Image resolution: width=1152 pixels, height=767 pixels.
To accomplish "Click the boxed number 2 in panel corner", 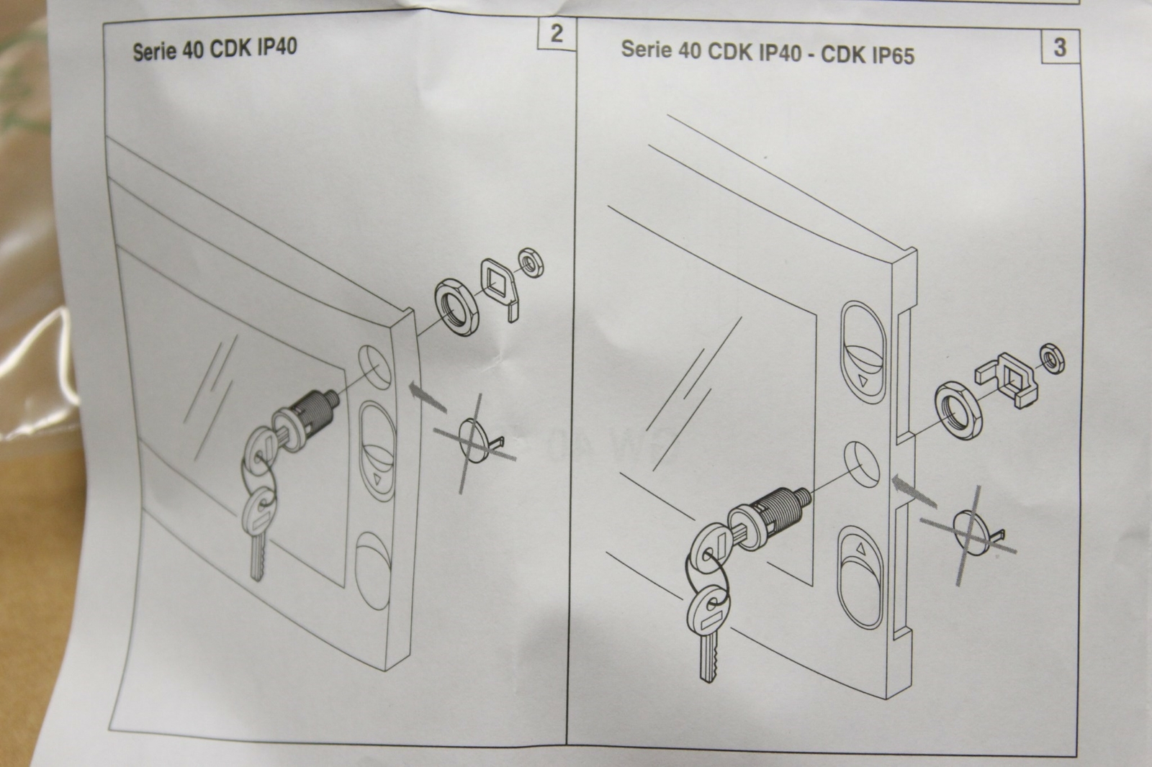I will (x=556, y=34).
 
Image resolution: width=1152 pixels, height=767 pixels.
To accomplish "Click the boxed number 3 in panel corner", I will (x=1059, y=47).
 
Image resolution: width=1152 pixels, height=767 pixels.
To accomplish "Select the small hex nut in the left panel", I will (x=531, y=262).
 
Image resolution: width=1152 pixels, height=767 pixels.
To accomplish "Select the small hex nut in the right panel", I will (x=1052, y=359).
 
